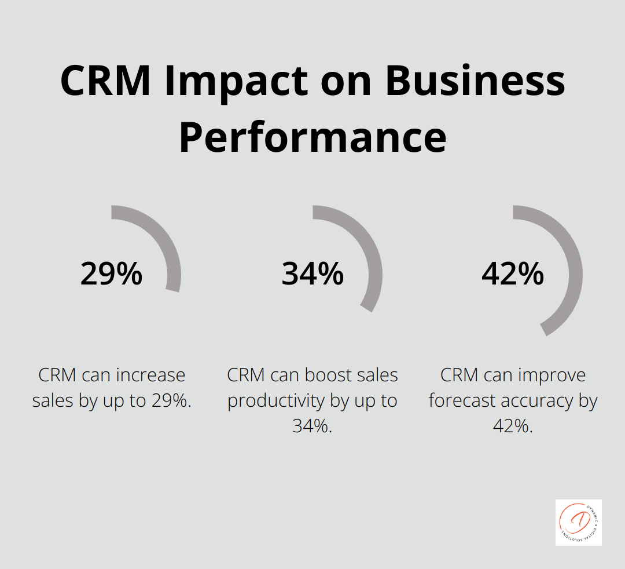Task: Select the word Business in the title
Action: (x=475, y=81)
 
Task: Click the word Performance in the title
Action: (x=312, y=137)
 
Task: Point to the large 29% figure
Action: (x=111, y=273)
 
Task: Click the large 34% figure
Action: (x=312, y=273)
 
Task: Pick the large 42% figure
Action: (x=513, y=273)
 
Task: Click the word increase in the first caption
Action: (x=151, y=375)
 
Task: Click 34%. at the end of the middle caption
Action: (x=312, y=426)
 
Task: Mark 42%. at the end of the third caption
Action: (x=513, y=426)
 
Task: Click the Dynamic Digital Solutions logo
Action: (x=578, y=522)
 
